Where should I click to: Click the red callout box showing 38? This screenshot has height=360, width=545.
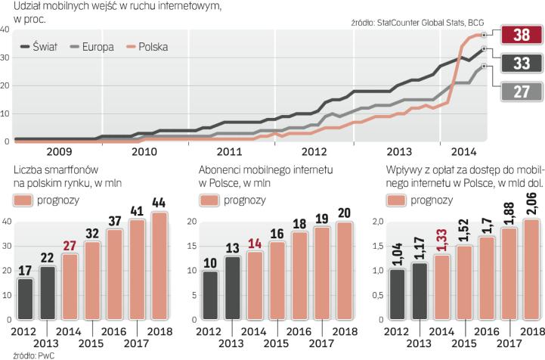(520, 34)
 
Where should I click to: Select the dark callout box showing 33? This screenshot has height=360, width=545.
(520, 63)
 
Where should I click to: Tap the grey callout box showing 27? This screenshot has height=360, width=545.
(520, 92)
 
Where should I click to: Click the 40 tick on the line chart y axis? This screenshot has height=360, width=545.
(5, 29)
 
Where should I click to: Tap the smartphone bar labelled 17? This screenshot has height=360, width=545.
(25, 301)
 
